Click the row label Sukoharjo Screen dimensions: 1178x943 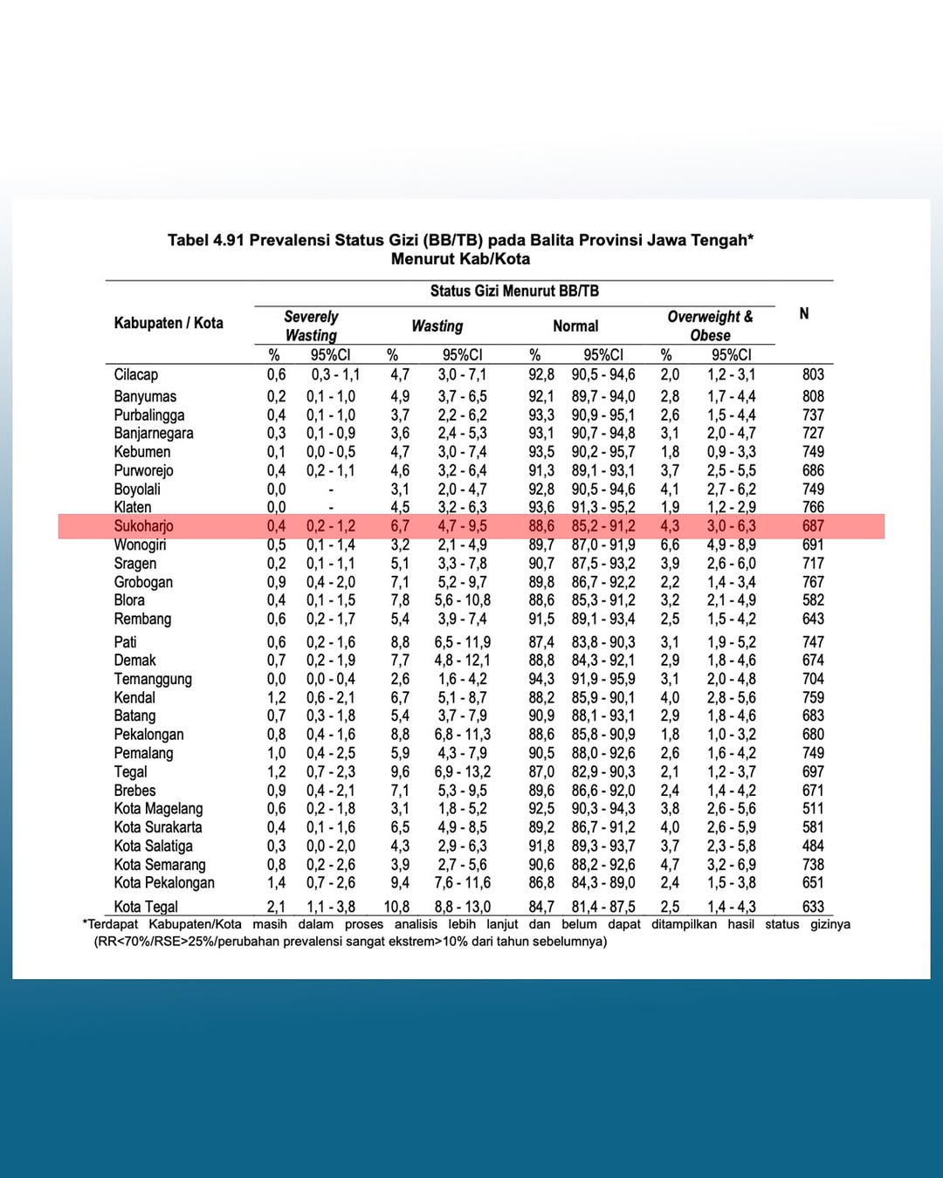coord(143,526)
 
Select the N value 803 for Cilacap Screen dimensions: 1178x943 coord(813,374)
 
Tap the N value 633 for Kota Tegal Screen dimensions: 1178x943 coord(813,907)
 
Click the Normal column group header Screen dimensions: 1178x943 coord(575,326)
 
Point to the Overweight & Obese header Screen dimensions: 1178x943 coord(710,326)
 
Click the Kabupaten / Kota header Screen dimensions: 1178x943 coord(169,323)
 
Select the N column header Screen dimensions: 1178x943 coord(804,313)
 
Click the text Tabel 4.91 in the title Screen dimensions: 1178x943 coord(206,240)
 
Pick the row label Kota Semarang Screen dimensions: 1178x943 coord(160,865)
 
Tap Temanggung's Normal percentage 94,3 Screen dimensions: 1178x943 coord(540,679)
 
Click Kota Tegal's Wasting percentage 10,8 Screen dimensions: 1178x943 coord(396,907)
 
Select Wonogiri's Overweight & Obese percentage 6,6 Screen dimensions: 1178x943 coord(670,544)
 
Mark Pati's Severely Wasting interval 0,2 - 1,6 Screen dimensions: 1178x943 coord(331,642)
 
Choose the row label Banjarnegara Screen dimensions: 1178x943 coord(154,433)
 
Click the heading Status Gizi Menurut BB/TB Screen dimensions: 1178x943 coord(514,291)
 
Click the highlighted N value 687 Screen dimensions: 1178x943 coord(813,526)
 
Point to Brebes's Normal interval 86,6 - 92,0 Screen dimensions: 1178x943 coord(603,791)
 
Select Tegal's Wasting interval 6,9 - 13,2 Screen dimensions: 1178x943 coord(463,772)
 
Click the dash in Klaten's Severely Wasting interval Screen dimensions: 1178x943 coord(331,508)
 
